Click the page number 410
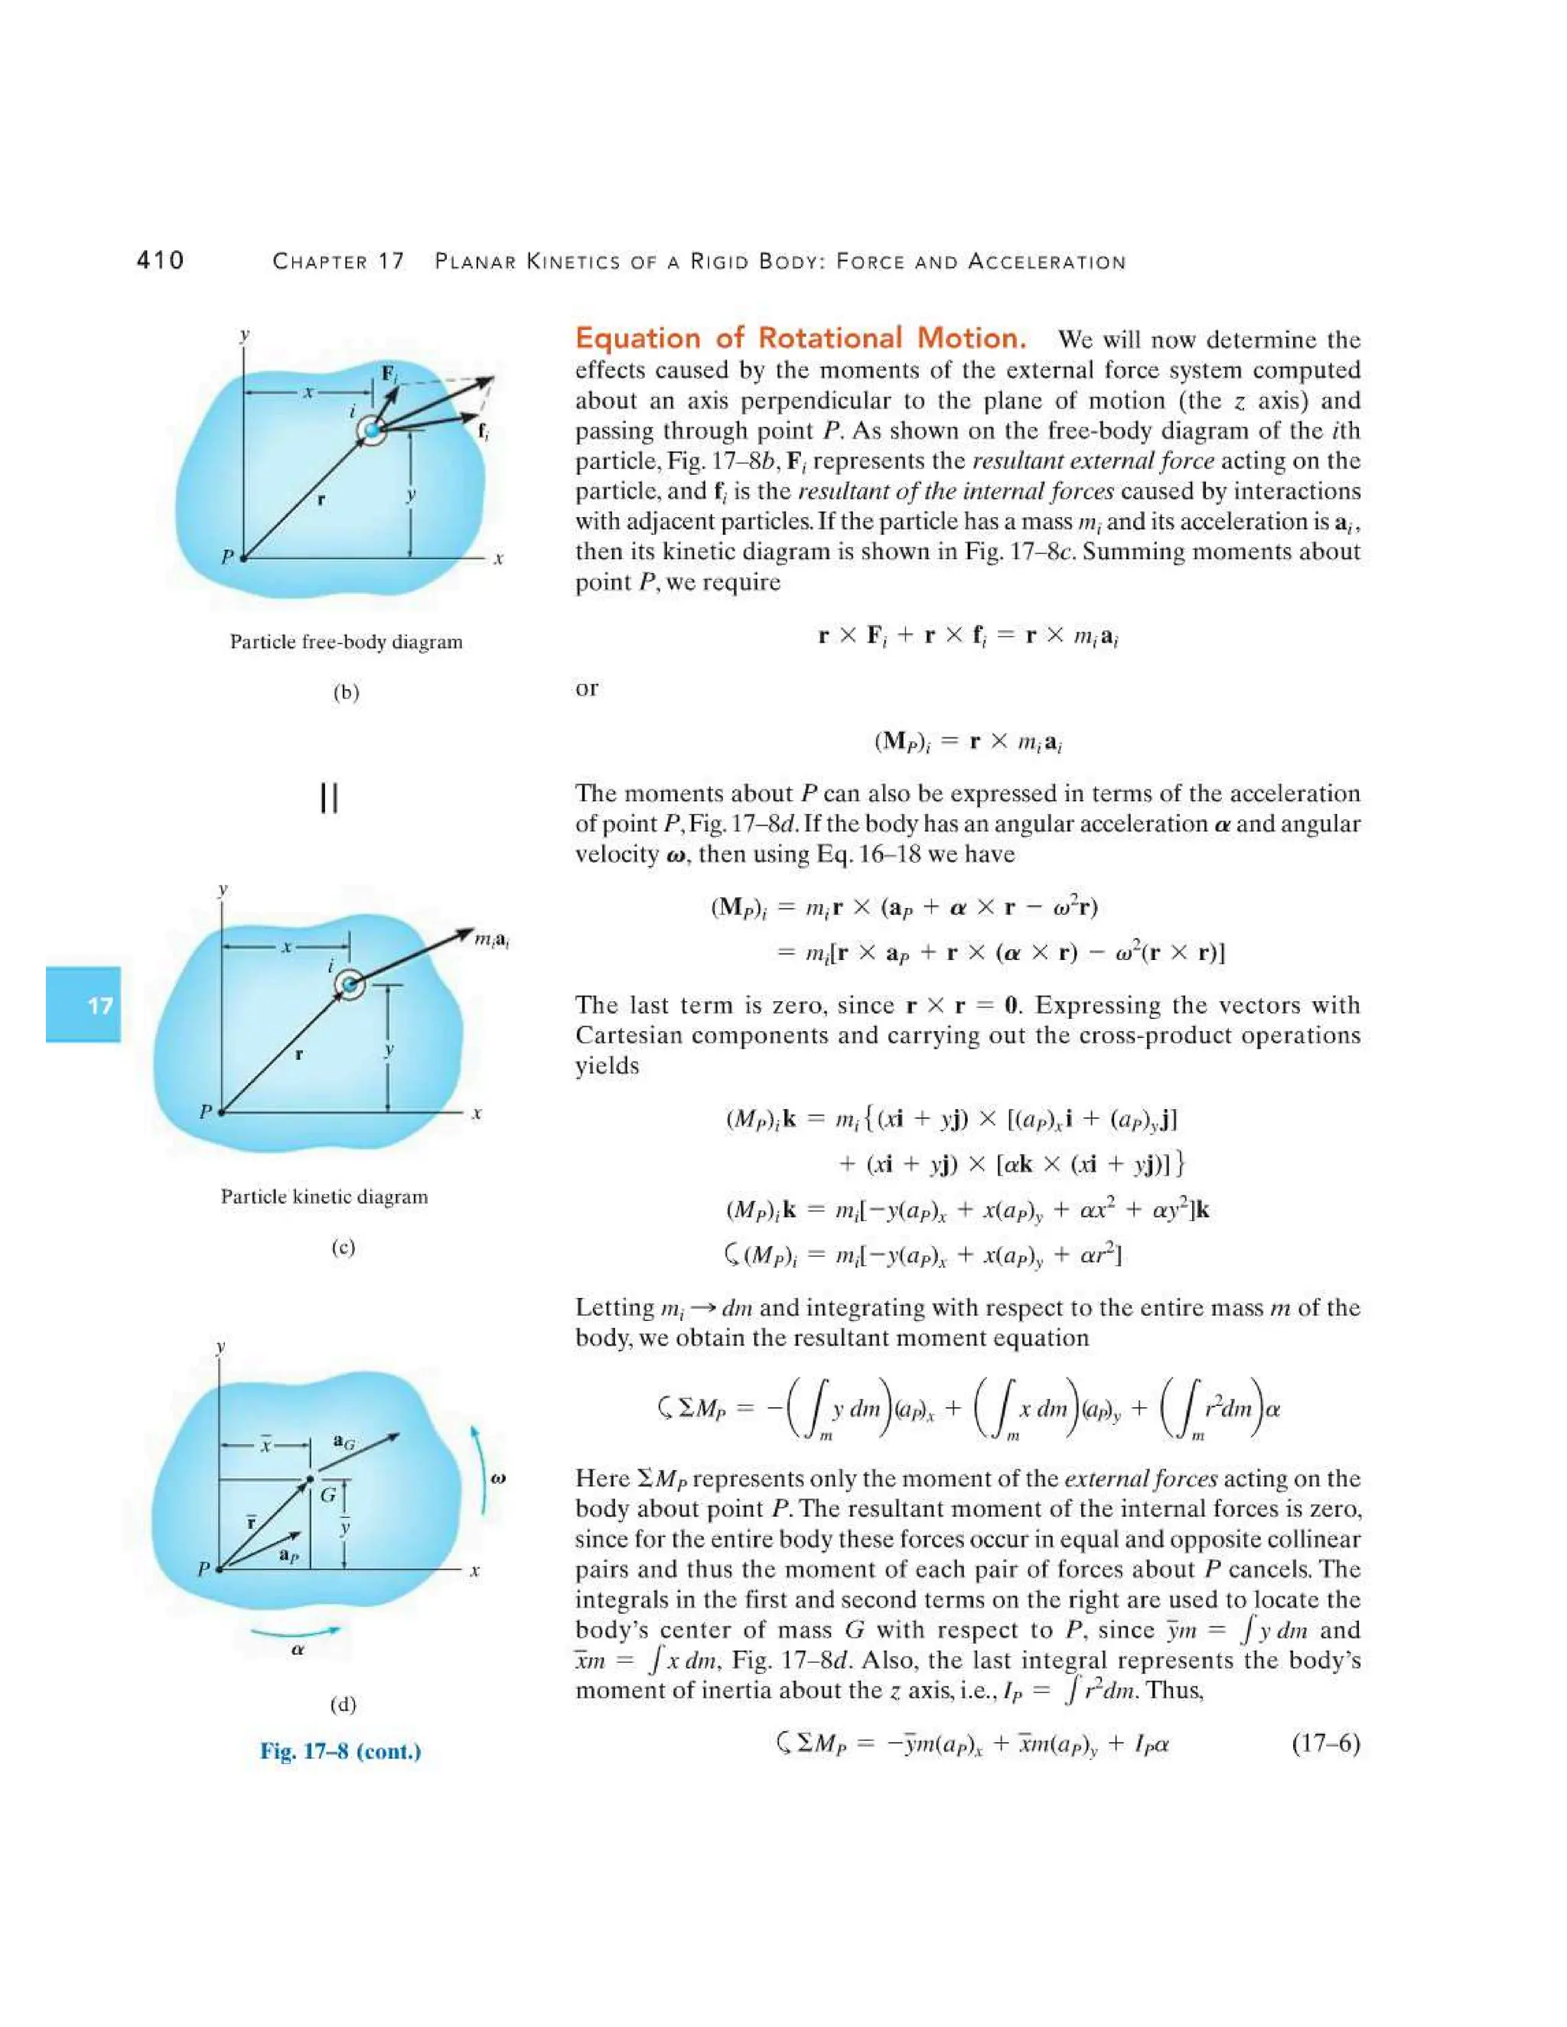click(x=161, y=260)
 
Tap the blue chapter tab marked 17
click(x=83, y=1004)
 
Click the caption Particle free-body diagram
click(x=347, y=643)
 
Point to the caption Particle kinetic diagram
click(x=325, y=1196)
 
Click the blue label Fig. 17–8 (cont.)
click(x=340, y=1752)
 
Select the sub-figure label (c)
click(x=344, y=1247)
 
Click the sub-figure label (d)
click(x=344, y=1704)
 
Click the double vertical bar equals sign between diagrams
click(x=328, y=797)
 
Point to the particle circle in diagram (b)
click(x=373, y=431)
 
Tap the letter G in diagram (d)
click(x=328, y=1495)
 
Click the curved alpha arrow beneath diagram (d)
click(x=295, y=1631)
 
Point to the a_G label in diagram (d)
click(x=344, y=1443)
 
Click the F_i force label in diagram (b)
click(x=391, y=374)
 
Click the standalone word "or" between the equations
click(x=587, y=688)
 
